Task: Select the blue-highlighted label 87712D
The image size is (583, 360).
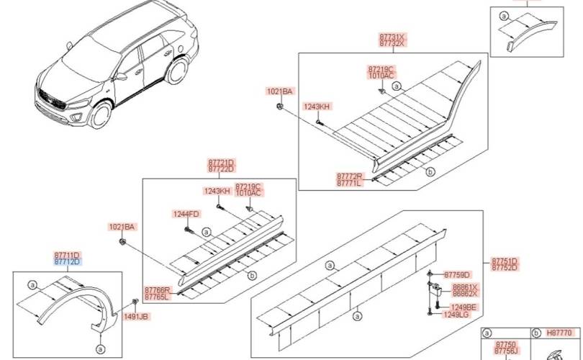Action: [67, 262]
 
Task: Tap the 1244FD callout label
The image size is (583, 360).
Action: [186, 214]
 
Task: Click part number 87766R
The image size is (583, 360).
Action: [158, 290]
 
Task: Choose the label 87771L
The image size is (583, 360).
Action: [350, 183]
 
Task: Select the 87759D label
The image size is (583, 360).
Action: [457, 275]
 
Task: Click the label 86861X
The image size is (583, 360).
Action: [465, 287]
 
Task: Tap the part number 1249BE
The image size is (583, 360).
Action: [464, 307]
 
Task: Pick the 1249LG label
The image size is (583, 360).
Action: [456, 315]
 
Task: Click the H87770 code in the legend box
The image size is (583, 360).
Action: [559, 333]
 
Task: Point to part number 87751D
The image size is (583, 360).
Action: [505, 261]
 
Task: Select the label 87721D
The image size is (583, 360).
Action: [221, 163]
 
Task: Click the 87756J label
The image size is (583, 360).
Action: [506, 351]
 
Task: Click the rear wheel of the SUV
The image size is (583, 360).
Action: [177, 71]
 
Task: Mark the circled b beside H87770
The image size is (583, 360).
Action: [536, 333]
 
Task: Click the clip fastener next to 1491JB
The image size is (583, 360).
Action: [135, 302]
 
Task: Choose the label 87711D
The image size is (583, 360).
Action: [67, 256]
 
